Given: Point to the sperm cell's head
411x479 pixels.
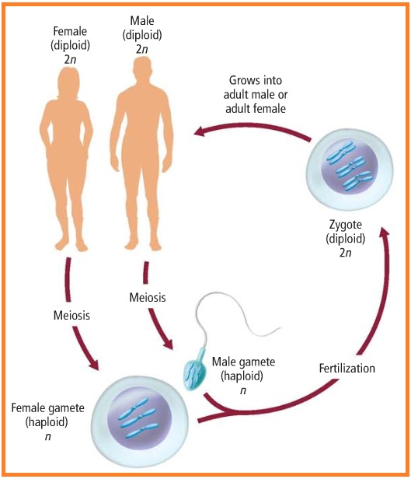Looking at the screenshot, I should [193, 373].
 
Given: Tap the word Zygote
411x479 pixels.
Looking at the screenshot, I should [340, 226].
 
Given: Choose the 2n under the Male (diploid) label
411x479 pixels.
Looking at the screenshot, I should [141, 49].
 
